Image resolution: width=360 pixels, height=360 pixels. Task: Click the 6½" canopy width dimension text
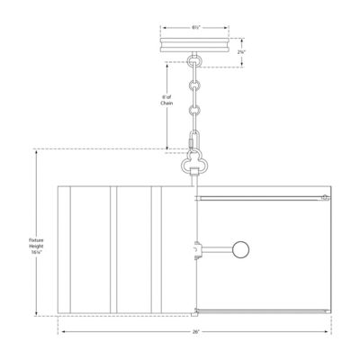coord(195,28)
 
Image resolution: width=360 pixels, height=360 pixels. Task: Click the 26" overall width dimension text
coord(195,333)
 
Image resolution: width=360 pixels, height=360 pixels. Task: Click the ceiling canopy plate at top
coord(194,45)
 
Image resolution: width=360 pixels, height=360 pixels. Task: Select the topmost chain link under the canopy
coord(194,65)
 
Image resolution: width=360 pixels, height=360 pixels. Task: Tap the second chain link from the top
coord(194,87)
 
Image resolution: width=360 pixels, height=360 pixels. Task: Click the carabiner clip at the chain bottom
coord(194,141)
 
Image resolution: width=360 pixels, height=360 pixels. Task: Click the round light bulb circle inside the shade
coord(241,249)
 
